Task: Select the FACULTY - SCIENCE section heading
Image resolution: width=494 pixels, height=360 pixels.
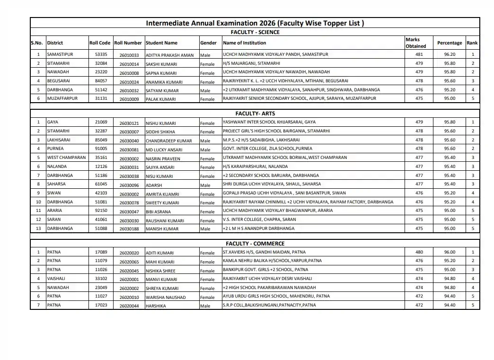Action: coord(255,32)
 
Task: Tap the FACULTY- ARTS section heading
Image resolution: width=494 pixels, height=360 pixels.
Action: coord(255,114)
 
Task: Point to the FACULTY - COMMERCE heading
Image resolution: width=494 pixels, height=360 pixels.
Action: coord(255,244)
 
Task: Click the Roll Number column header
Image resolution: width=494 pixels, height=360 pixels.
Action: coord(128,43)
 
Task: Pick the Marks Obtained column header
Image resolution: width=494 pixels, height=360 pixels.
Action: coord(415,43)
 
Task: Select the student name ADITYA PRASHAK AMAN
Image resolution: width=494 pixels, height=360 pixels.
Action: coord(169,55)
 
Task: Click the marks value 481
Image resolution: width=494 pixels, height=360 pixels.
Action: coord(419,54)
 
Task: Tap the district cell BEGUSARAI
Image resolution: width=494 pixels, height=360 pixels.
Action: coord(59,81)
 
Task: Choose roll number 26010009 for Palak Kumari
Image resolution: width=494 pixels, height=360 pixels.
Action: coord(129,99)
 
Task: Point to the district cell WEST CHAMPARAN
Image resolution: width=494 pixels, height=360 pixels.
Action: coord(66,158)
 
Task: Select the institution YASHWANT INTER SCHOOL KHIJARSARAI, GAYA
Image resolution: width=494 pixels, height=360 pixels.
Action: coord(269,122)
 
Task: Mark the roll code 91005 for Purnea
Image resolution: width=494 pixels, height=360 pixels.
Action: coord(101,149)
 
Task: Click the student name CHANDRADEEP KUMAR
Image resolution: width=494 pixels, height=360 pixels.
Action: coord(168,141)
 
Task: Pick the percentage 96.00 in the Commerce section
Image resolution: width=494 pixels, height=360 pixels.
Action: coord(450,252)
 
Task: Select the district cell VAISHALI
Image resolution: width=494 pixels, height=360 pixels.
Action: coord(56,279)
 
